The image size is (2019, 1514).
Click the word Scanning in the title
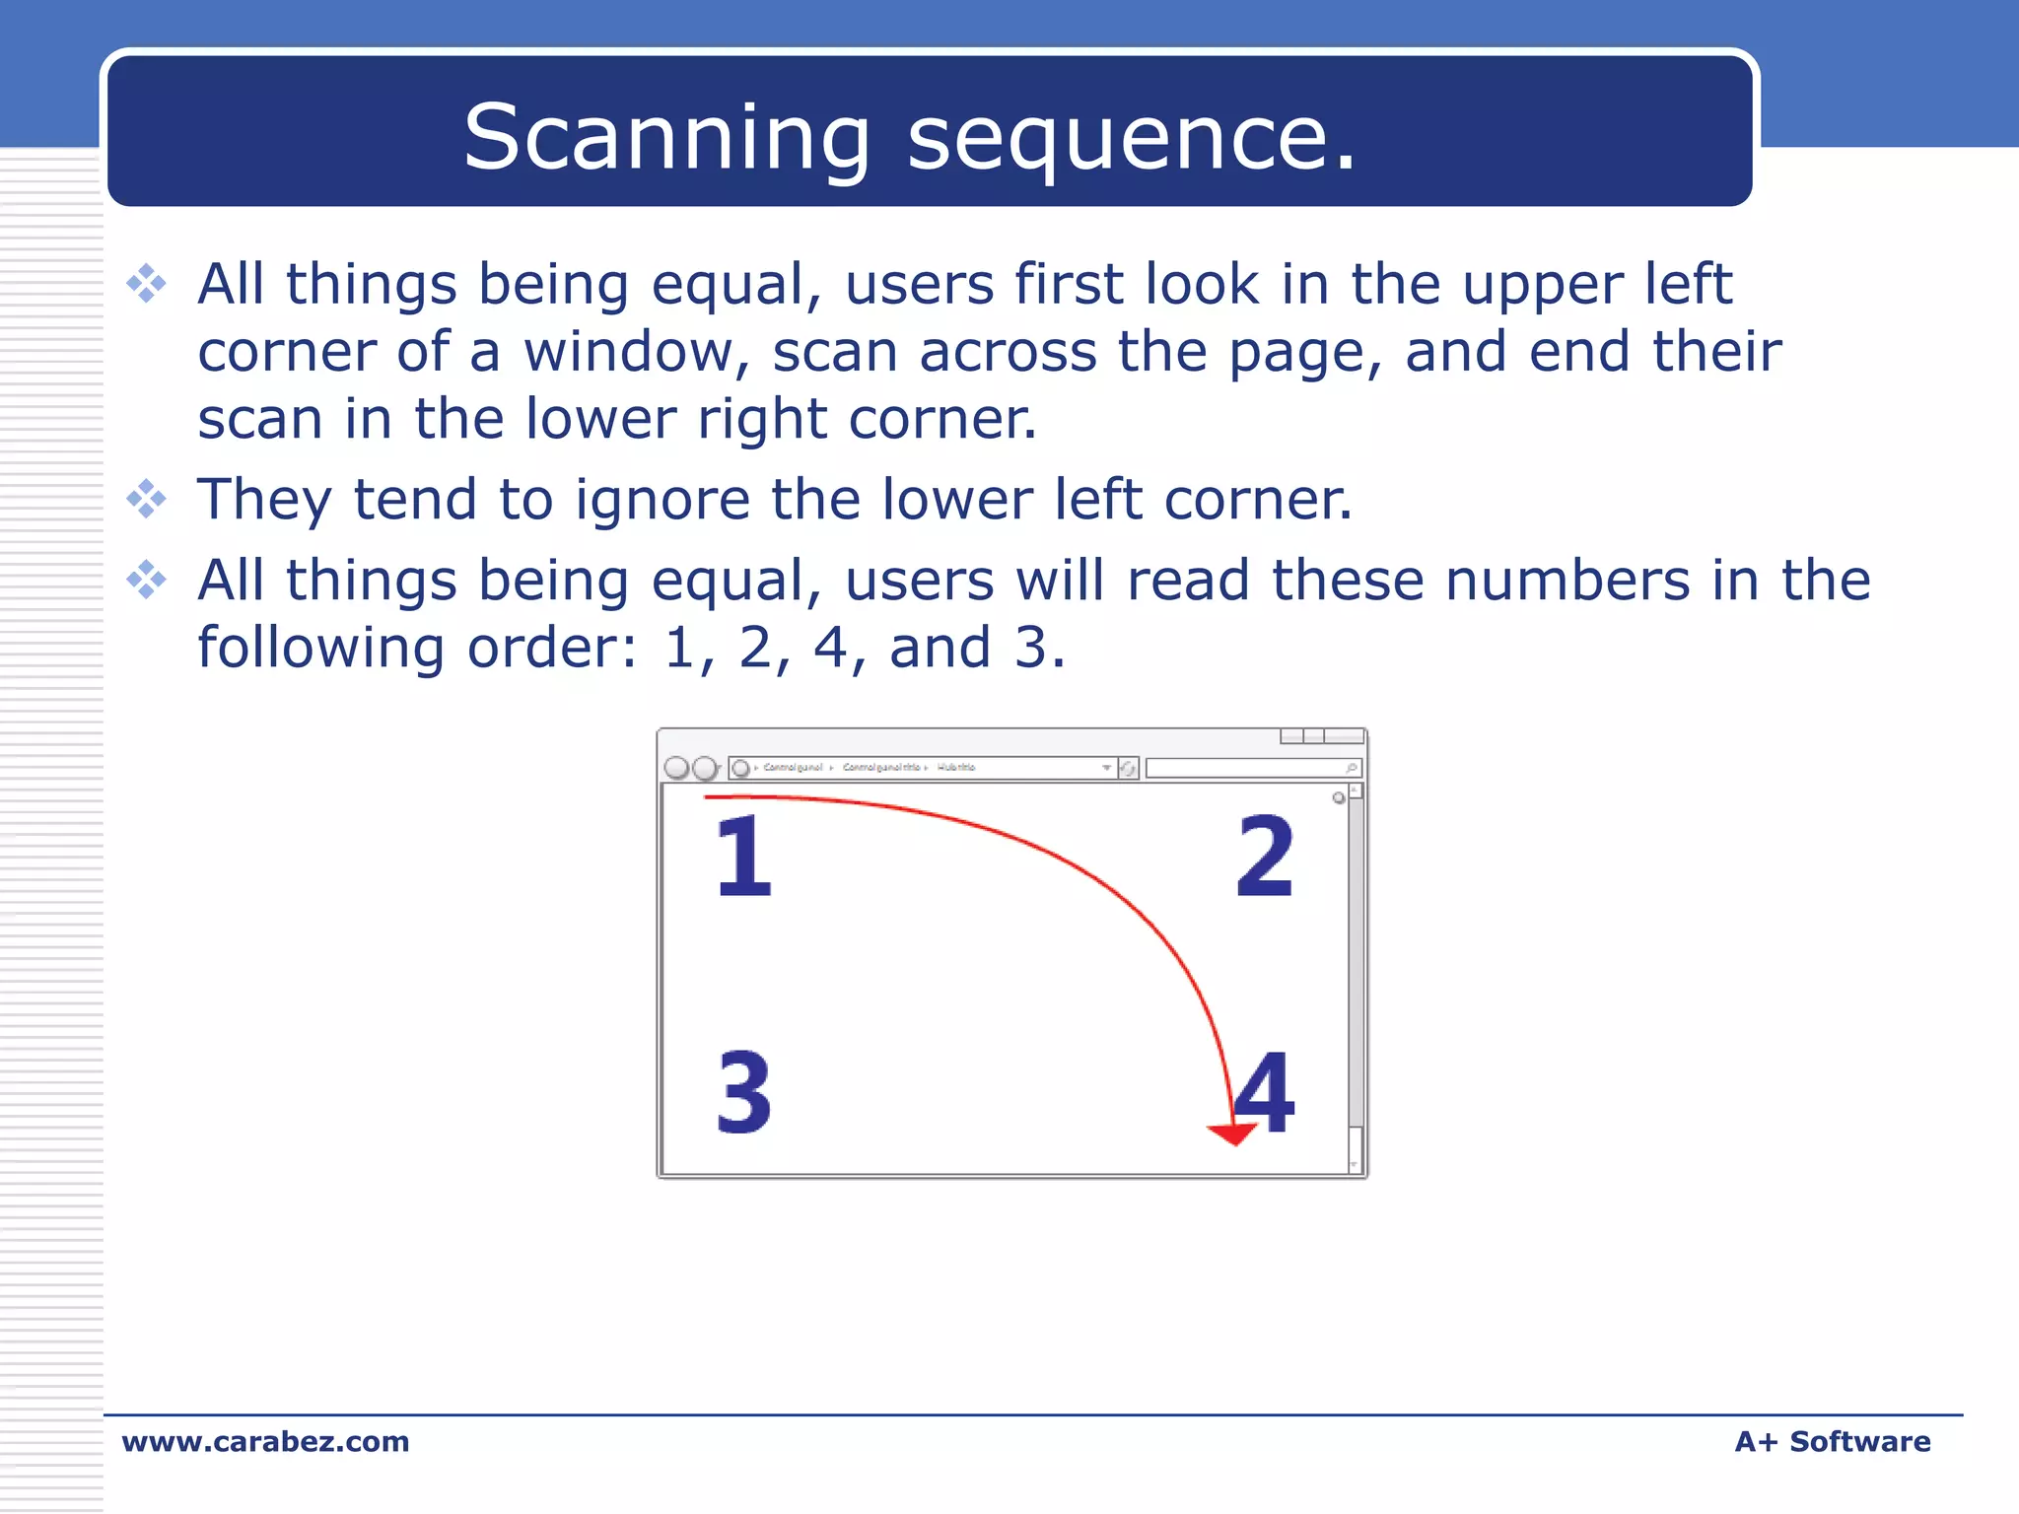tap(666, 138)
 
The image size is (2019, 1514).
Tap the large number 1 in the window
tap(743, 856)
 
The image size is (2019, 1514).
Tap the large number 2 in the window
tap(1264, 856)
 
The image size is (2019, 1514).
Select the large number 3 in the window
tap(743, 1091)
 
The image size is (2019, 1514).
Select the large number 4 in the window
tap(1266, 1091)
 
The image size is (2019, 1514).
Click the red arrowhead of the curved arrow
tap(1232, 1134)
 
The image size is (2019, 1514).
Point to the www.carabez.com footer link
tap(265, 1441)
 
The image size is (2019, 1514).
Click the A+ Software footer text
tap(1832, 1441)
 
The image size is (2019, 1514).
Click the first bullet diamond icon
tap(147, 284)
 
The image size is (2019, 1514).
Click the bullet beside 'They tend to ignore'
tap(147, 499)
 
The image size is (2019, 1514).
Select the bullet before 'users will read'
tap(147, 580)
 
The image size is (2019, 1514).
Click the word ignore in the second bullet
tap(661, 501)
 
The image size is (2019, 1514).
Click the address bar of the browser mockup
tap(927, 767)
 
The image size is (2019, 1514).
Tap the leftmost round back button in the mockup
tap(676, 768)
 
